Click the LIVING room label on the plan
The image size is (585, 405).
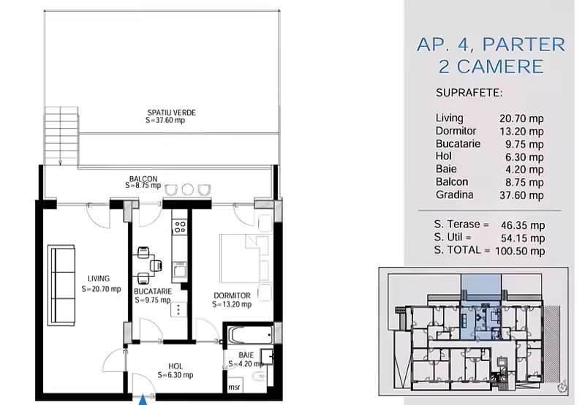pyautogui.click(x=99, y=279)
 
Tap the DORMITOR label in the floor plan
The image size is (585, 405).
pyautogui.click(x=232, y=296)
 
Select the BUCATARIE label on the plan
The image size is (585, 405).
pyautogui.click(x=153, y=291)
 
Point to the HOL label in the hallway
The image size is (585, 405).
pyautogui.click(x=175, y=366)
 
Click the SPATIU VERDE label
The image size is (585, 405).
pyautogui.click(x=172, y=113)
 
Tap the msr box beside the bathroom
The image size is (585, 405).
pyautogui.click(x=234, y=387)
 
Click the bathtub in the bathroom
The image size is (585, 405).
pyautogui.click(x=250, y=336)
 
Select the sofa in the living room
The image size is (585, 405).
pyautogui.click(x=61, y=285)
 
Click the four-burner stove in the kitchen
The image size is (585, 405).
pyautogui.click(x=180, y=227)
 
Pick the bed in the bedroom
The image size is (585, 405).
pyautogui.click(x=245, y=258)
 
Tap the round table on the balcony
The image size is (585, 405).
pyautogui.click(x=188, y=189)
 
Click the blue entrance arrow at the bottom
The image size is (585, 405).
pyautogui.click(x=143, y=400)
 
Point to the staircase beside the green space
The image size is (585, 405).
pyautogui.click(x=61, y=136)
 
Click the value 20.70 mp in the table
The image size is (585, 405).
pyautogui.click(x=521, y=118)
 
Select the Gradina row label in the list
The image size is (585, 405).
pyautogui.click(x=454, y=194)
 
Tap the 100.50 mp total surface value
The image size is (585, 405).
pyautogui.click(x=520, y=251)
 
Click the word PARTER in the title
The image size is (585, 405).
pyautogui.click(x=524, y=45)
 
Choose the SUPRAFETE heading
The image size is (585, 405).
pyautogui.click(x=469, y=93)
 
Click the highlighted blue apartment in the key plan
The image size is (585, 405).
pyautogui.click(x=481, y=307)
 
